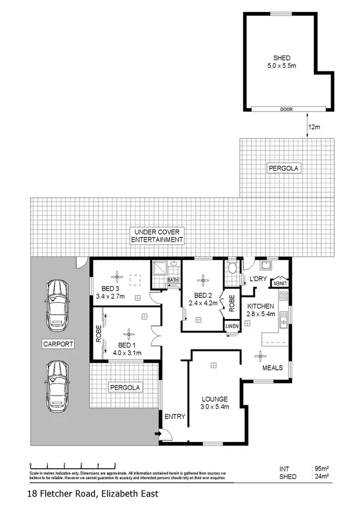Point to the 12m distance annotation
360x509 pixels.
click(x=313, y=127)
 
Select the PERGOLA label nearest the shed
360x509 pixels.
click(x=287, y=169)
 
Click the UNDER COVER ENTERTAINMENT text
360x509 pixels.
click(x=157, y=236)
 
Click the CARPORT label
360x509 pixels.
click(x=58, y=344)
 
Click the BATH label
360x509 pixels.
click(x=173, y=280)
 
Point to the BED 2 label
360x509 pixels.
click(x=205, y=299)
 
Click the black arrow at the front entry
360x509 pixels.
click(x=158, y=433)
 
